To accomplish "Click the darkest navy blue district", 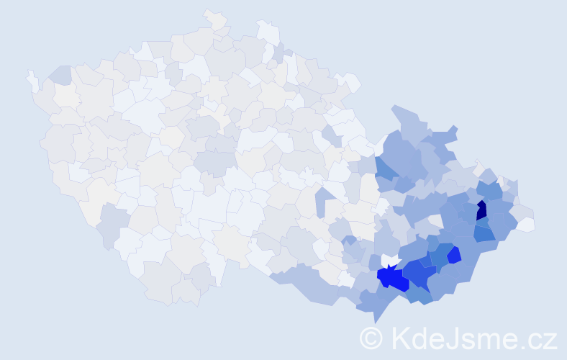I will point(481,210).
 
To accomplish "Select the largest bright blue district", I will point(391,278).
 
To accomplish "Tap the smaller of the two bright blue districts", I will point(453,256).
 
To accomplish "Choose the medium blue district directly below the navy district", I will point(484,232).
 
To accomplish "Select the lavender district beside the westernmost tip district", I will point(59,74).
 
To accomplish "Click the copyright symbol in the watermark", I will point(371,337).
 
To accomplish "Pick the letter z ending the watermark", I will point(550,339).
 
